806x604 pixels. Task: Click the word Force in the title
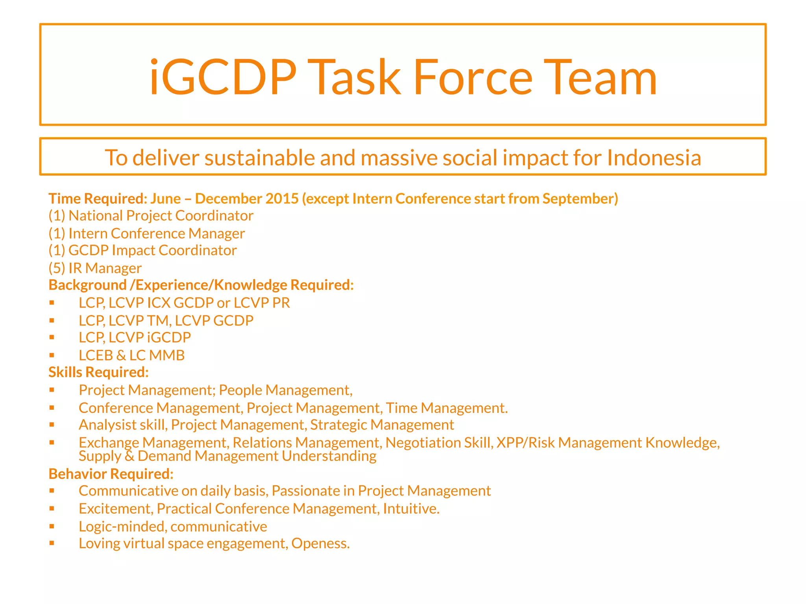click(473, 77)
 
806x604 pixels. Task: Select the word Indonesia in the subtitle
click(654, 158)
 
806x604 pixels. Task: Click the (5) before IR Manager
click(57, 268)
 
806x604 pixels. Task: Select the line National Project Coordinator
click(151, 216)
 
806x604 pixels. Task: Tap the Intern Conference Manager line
click(146, 234)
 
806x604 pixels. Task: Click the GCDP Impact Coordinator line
click(142, 250)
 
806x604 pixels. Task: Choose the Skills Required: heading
click(98, 372)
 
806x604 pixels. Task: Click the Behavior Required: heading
click(111, 474)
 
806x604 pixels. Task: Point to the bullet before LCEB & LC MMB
click(52, 355)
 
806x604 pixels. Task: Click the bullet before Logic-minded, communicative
click(52, 526)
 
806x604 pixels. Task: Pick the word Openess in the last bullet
click(320, 543)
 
